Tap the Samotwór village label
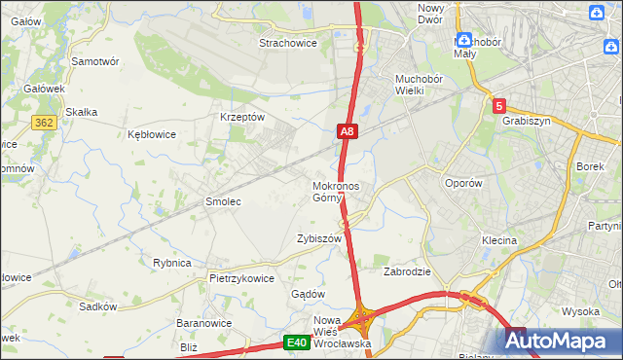(95, 60)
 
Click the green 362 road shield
(43, 122)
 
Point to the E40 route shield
(297, 342)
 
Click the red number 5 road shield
(499, 105)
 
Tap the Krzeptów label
(242, 116)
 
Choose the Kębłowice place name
(152, 134)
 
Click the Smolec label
(222, 201)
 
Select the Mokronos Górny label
(336, 192)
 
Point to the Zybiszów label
(319, 238)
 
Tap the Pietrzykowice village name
(241, 277)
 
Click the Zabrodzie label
(407, 271)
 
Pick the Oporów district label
(462, 183)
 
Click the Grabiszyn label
(527, 122)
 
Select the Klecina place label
(498, 239)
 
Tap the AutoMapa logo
(561, 342)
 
